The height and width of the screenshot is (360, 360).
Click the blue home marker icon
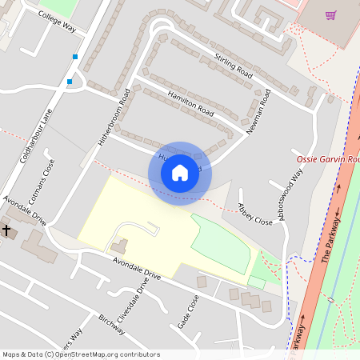point(180,173)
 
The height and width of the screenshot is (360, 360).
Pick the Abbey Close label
point(254,213)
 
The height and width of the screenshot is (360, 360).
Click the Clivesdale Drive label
point(133,301)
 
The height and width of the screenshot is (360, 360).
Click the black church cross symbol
point(7,230)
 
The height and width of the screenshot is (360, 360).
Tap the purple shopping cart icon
point(330,14)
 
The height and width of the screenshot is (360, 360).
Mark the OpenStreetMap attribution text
point(80,354)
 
